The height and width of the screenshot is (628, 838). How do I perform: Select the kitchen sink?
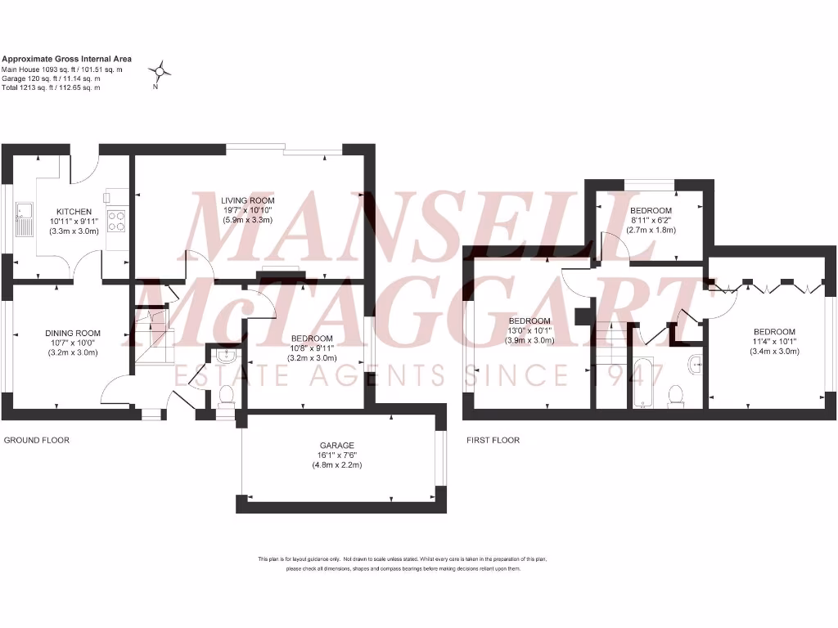point(24,218)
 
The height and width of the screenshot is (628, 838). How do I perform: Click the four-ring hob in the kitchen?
point(115,222)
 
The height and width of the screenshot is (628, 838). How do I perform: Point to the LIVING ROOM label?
point(247,200)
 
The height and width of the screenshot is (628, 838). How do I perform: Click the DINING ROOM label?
point(73,333)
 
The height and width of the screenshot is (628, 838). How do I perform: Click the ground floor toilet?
point(225,396)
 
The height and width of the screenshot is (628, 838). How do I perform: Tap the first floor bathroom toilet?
point(676,395)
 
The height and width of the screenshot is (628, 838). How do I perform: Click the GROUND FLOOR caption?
point(37,440)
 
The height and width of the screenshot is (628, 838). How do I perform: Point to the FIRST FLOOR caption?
point(493,440)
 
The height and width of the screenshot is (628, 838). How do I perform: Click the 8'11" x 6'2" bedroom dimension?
point(651,221)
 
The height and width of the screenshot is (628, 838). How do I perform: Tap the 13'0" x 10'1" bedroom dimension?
point(530,330)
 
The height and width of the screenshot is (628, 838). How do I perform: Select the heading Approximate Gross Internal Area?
point(66,59)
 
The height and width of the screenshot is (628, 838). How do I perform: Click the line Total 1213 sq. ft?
point(51,87)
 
